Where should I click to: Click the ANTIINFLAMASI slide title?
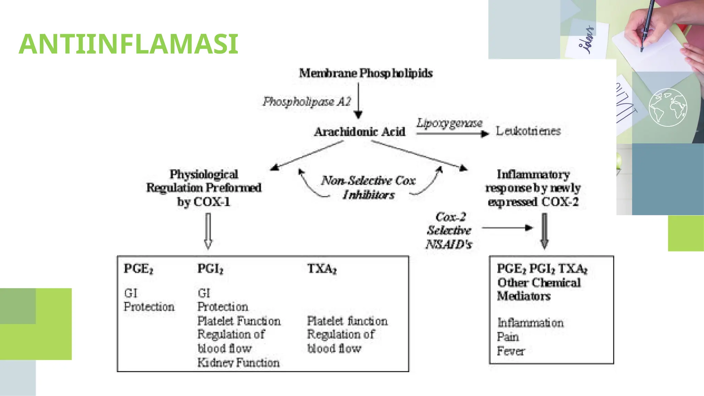pos(128,44)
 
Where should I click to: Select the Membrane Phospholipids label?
pos(365,73)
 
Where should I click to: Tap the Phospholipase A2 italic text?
pos(307,101)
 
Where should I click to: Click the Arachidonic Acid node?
pos(360,132)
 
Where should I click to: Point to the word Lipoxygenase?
pos(449,123)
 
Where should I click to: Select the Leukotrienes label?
pos(528,131)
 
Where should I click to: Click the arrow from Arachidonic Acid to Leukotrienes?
pos(452,134)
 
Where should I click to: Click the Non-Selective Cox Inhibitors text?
pos(368,187)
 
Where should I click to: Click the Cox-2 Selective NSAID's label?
pos(449,230)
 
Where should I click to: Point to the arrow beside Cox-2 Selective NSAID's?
pos(507,228)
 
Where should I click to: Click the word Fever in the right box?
pos(510,351)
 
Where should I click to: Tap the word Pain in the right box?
pos(507,337)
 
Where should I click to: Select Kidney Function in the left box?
pos(238,363)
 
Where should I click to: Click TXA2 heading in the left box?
pos(321,269)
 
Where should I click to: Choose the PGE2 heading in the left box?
pos(138,269)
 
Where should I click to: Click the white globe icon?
pos(668,108)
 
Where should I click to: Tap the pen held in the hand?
pos(645,24)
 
